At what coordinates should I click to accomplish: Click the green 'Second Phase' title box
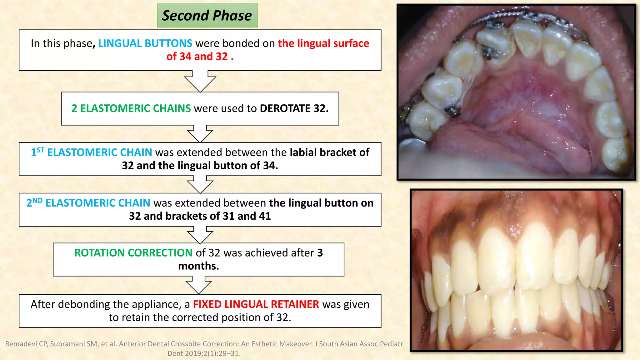point(207,15)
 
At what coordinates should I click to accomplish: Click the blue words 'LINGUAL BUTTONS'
point(145,43)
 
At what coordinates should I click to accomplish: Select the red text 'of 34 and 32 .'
point(200,57)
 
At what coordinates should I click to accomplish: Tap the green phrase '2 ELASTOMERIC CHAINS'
point(131,108)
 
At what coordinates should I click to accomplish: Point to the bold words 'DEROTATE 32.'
point(294,108)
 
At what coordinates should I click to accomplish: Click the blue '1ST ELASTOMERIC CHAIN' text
point(91,152)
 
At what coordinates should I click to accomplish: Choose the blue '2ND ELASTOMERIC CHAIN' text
point(88,203)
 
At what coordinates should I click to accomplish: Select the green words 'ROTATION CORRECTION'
point(133,253)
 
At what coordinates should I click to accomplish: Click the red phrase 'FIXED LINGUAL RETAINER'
point(256,304)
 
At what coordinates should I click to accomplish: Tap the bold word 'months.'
point(198,266)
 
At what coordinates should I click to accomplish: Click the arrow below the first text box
point(200,81)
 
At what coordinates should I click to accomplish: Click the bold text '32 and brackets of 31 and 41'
point(200,216)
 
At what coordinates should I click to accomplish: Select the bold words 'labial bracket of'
point(329,152)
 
